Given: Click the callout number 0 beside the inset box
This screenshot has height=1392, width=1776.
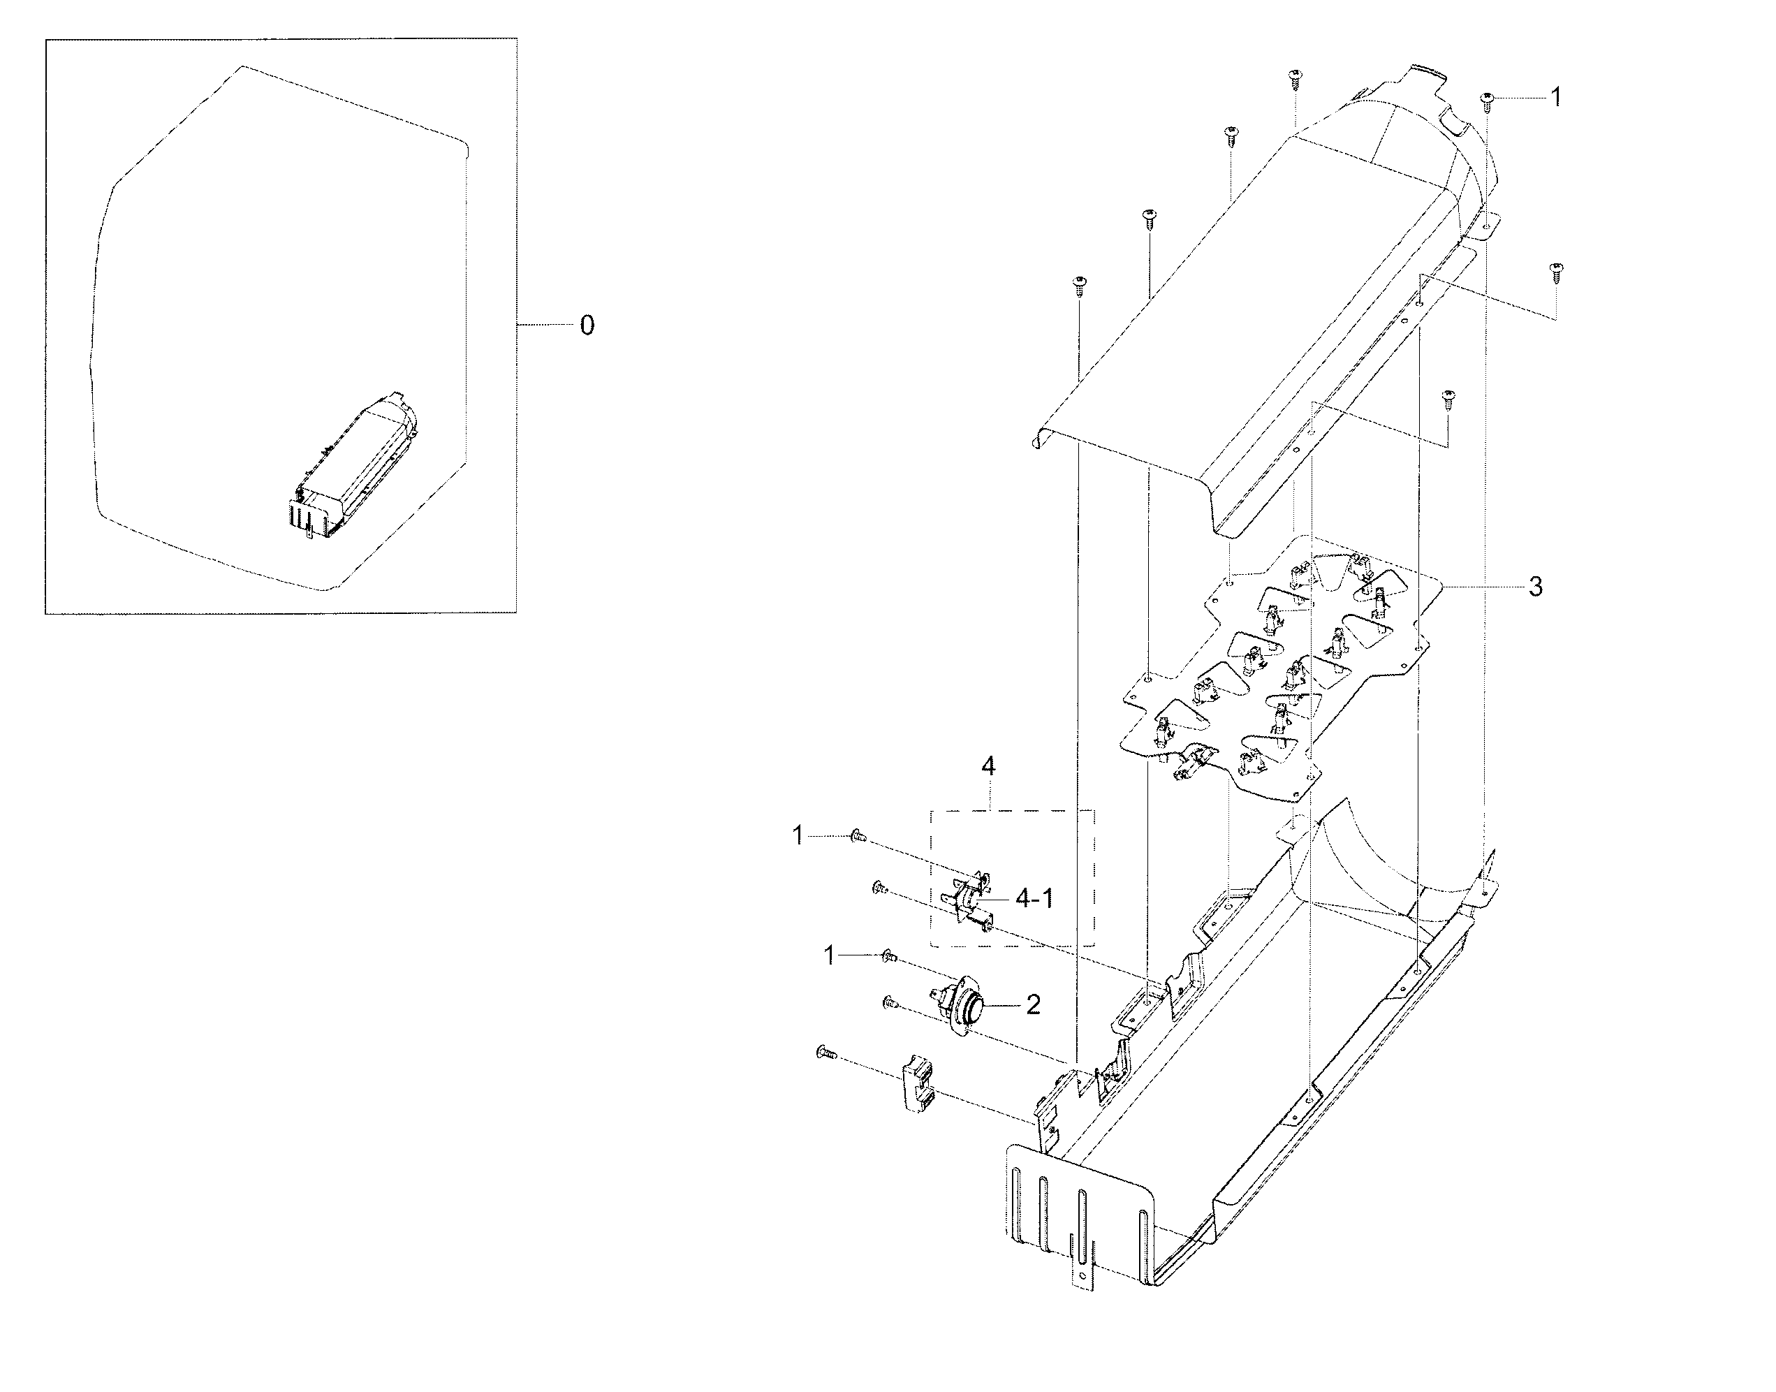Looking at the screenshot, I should [x=587, y=326].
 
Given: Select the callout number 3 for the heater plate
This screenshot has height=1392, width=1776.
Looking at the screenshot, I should [x=1536, y=586].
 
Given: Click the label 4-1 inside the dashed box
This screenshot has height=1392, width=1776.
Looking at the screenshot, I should [x=1034, y=899].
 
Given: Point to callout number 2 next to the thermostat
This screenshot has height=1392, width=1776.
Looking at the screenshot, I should [x=1033, y=1005].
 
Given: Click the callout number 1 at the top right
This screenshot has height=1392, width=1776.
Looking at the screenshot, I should [x=1555, y=98].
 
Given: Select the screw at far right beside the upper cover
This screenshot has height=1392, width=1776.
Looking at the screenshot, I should [x=1555, y=270].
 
